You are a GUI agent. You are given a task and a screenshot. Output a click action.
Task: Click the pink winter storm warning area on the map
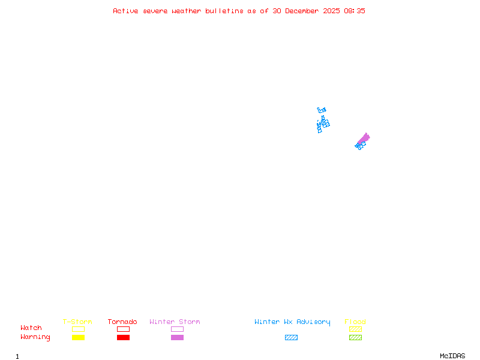364,139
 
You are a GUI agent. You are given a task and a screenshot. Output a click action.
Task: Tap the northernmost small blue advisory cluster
322,110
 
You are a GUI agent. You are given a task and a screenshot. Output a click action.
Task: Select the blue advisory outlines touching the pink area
360,145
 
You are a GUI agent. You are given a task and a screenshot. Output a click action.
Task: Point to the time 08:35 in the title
355,11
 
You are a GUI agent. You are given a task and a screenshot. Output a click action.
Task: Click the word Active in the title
125,11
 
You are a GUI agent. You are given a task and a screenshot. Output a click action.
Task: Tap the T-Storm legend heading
77,322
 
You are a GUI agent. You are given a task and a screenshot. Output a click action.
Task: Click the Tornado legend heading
122,322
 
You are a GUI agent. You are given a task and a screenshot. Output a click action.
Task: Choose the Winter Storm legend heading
175,322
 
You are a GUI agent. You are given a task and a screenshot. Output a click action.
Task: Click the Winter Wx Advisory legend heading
292,322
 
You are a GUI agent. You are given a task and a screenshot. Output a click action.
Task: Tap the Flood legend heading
355,322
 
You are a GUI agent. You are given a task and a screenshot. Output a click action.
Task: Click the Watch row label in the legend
31,328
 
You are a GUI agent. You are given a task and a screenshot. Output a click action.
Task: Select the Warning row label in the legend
35,337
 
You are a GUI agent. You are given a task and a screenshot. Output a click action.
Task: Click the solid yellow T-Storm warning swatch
78,338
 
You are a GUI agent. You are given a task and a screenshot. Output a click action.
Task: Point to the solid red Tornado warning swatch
123,338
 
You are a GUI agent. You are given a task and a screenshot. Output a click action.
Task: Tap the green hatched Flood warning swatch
355,338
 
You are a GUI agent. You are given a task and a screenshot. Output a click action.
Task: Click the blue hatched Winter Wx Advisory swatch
291,338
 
